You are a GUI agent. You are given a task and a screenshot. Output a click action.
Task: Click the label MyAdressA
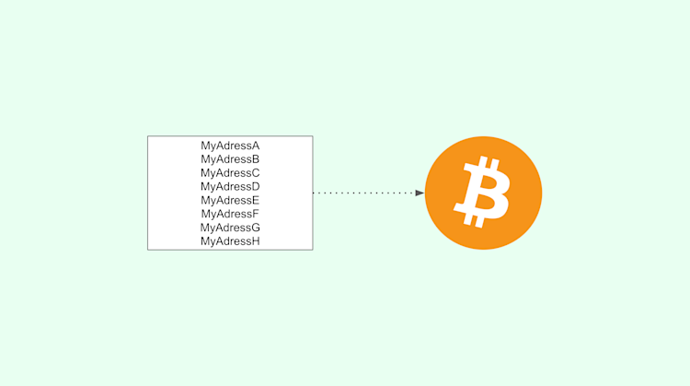230,146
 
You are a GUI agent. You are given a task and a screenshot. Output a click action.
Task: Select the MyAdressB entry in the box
230,159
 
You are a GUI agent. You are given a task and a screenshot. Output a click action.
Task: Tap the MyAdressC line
230,173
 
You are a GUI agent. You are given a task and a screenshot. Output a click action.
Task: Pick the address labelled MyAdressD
230,187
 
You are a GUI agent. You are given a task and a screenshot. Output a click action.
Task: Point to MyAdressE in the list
230,200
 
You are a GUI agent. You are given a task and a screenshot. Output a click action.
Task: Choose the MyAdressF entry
230,214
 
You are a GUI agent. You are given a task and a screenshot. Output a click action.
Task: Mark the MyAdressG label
230,228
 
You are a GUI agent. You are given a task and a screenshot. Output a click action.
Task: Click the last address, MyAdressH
230,241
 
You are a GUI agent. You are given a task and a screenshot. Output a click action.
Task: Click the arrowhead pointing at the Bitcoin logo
420,193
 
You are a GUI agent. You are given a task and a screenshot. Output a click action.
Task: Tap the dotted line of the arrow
363,193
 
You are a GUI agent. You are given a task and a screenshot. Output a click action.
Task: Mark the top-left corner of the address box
148,136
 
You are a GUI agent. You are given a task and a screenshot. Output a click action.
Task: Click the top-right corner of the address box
313,136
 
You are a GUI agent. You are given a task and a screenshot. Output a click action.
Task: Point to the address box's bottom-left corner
148,250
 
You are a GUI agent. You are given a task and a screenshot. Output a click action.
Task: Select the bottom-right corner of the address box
313,250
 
